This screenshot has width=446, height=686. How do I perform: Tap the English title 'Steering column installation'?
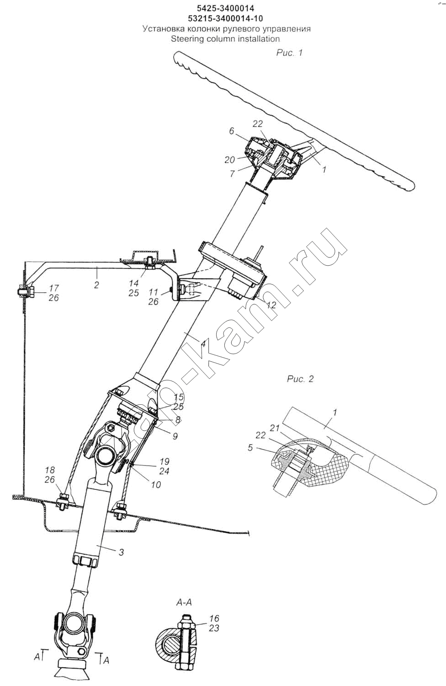click(x=225, y=39)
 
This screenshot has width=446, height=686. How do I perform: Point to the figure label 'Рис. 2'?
click(x=300, y=379)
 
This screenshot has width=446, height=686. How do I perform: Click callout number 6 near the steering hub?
click(x=231, y=131)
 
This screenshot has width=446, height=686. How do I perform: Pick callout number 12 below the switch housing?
click(x=271, y=305)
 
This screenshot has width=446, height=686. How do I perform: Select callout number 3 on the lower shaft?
click(x=121, y=552)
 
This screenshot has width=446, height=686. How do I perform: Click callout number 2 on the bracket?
click(x=97, y=285)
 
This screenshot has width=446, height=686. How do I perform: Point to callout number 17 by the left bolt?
click(x=54, y=288)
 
